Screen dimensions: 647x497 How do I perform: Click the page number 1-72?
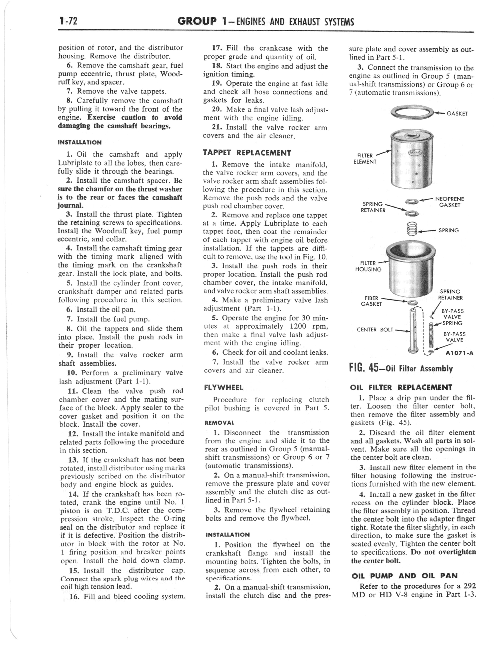pyautogui.click(x=68, y=21)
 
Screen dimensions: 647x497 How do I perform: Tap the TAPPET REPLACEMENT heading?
pyautogui.click(x=247, y=153)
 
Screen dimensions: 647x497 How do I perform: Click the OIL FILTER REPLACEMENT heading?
pyautogui.click(x=401, y=387)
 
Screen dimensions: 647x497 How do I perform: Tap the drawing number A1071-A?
pyautogui.click(x=460, y=353)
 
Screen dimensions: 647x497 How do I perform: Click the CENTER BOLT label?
pyautogui.click(x=375, y=329)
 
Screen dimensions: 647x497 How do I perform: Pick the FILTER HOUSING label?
pyautogui.click(x=368, y=266)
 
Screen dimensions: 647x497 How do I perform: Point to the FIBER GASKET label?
pyautogui.click(x=371, y=301)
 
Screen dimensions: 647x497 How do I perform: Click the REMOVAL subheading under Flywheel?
pyautogui.click(x=219, y=423)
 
